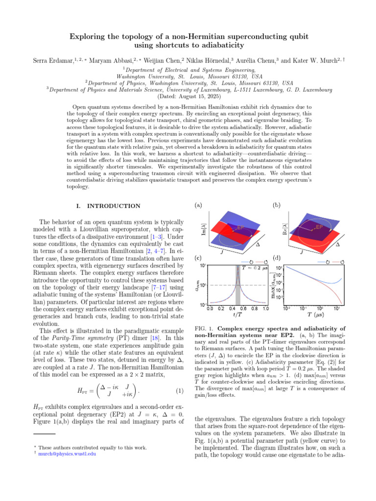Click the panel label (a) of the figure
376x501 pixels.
pyautogui.click(x=199, y=206)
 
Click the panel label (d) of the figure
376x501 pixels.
pyautogui.click(x=276, y=258)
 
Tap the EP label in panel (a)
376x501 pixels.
pyautogui.click(x=240, y=228)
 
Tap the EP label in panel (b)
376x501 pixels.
pyautogui.click(x=319, y=227)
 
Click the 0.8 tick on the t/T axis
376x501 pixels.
pyautogui.click(x=255, y=309)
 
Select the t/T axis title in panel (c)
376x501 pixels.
pyautogui.click(x=238, y=316)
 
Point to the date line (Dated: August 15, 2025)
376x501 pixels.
pyautogui.click(x=188, y=96)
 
